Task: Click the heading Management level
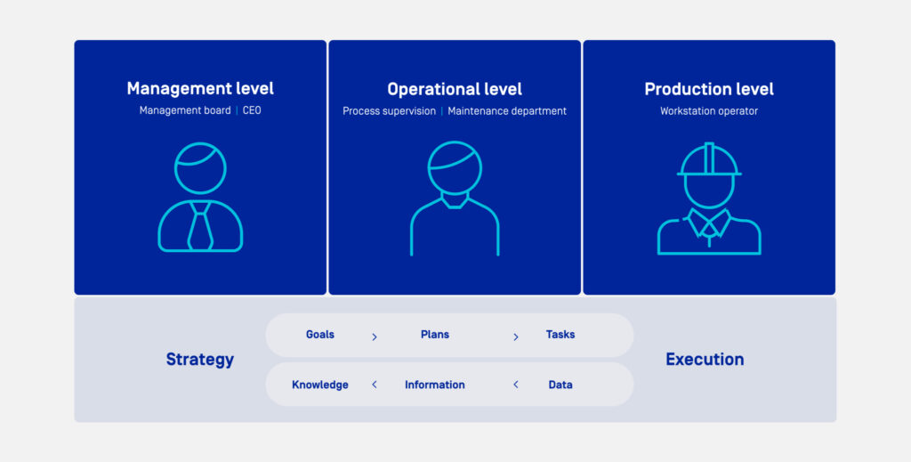200,89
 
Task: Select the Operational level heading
455,89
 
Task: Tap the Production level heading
709,89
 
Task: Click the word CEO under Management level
252,111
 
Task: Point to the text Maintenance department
507,111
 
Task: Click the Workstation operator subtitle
709,111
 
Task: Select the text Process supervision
389,111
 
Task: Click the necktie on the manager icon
200,226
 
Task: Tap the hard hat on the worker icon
709,160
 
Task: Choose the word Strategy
200,360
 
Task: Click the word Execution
705,360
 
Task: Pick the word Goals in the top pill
320,335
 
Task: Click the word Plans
435,335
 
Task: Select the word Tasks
560,335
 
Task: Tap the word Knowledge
320,385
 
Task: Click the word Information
435,385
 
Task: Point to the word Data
560,385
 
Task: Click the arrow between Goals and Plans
375,336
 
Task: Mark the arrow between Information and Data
515,385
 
